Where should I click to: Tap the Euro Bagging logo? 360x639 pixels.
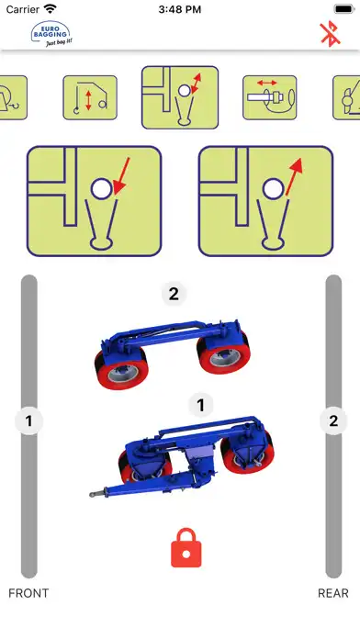51,34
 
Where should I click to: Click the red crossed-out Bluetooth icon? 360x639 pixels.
331,34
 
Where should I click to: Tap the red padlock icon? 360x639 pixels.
186,548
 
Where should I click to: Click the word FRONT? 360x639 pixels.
28,593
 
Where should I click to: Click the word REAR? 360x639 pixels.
333,593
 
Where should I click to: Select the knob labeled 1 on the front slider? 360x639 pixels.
29,420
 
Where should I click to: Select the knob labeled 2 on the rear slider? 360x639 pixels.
333,420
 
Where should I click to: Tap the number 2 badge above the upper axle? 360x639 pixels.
174,294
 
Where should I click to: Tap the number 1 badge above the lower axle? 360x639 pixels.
200,405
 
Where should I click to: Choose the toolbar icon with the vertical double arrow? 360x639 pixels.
90,98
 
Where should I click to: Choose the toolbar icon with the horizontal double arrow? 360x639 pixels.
270,98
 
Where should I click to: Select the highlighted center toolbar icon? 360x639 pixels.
180,97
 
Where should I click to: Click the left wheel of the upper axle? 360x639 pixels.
121,368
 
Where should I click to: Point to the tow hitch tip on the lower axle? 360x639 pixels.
92,495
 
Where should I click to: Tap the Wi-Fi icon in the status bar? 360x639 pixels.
51,8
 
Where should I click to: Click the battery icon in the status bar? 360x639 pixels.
344,8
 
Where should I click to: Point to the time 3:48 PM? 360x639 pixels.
180,9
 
